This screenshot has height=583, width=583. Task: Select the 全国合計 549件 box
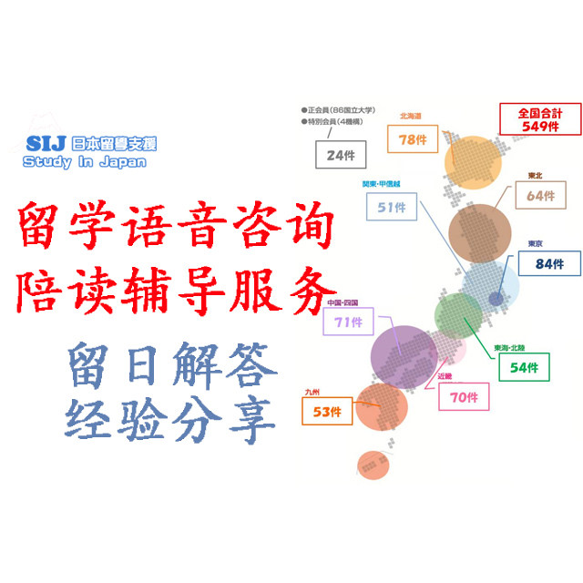[541, 120]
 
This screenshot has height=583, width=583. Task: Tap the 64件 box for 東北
[540, 195]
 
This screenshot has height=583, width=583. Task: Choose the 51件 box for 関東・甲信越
[392, 208]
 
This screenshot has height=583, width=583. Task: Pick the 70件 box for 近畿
[464, 396]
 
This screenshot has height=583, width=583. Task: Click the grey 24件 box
[340, 155]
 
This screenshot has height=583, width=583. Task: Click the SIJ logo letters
[46, 145]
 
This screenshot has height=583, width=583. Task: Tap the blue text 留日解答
[170, 365]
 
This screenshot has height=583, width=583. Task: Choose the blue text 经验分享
[170, 422]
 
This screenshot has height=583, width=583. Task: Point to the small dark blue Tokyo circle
[496, 299]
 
